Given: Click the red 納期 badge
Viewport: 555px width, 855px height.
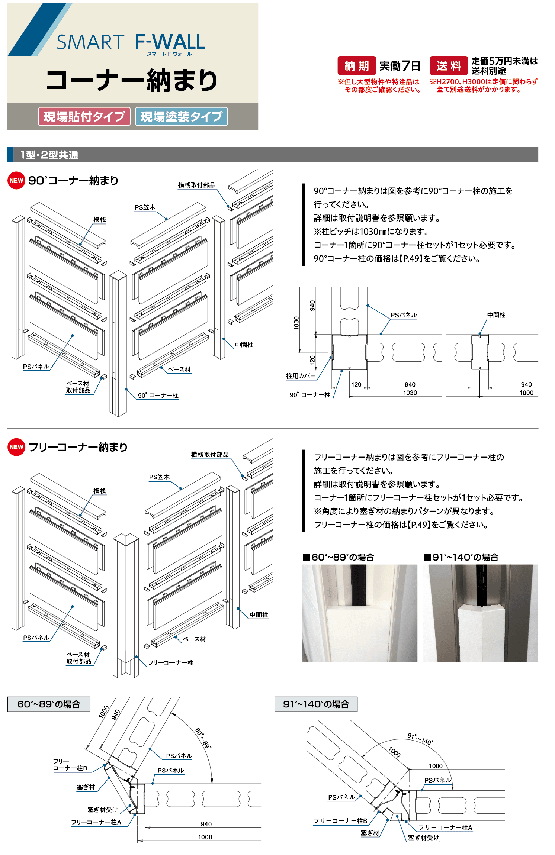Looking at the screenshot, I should click(356, 66).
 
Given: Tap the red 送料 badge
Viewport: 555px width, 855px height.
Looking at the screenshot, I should click(448, 66).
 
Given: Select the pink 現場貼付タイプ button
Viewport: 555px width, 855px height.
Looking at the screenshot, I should click(84, 116).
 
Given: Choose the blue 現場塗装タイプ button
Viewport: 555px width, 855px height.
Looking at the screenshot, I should click(181, 116).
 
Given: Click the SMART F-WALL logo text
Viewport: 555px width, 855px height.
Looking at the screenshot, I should click(130, 42).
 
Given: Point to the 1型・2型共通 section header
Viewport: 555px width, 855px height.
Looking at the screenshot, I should click(49, 155).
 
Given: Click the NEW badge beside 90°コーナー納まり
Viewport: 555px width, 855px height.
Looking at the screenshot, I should click(16, 180).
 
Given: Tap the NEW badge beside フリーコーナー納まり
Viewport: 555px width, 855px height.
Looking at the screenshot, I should click(16, 447).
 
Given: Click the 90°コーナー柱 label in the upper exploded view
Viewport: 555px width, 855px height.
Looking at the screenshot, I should click(158, 395).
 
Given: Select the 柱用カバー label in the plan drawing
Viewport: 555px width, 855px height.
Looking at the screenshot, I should click(301, 376).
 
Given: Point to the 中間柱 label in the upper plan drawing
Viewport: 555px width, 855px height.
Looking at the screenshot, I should click(496, 315).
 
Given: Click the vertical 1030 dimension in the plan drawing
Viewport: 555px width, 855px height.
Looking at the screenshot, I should click(296, 323).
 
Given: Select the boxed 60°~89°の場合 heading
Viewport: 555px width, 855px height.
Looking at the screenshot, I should click(49, 704).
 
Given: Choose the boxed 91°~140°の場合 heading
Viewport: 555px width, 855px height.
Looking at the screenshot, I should click(316, 704).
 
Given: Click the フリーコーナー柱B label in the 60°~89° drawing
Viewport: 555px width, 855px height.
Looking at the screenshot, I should click(70, 765).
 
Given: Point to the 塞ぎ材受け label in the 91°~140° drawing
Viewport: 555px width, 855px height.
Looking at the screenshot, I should click(423, 838).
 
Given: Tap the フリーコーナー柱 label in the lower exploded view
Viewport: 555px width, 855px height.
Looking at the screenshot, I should click(170, 662).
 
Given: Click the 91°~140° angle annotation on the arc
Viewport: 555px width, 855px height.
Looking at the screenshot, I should click(420, 739).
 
